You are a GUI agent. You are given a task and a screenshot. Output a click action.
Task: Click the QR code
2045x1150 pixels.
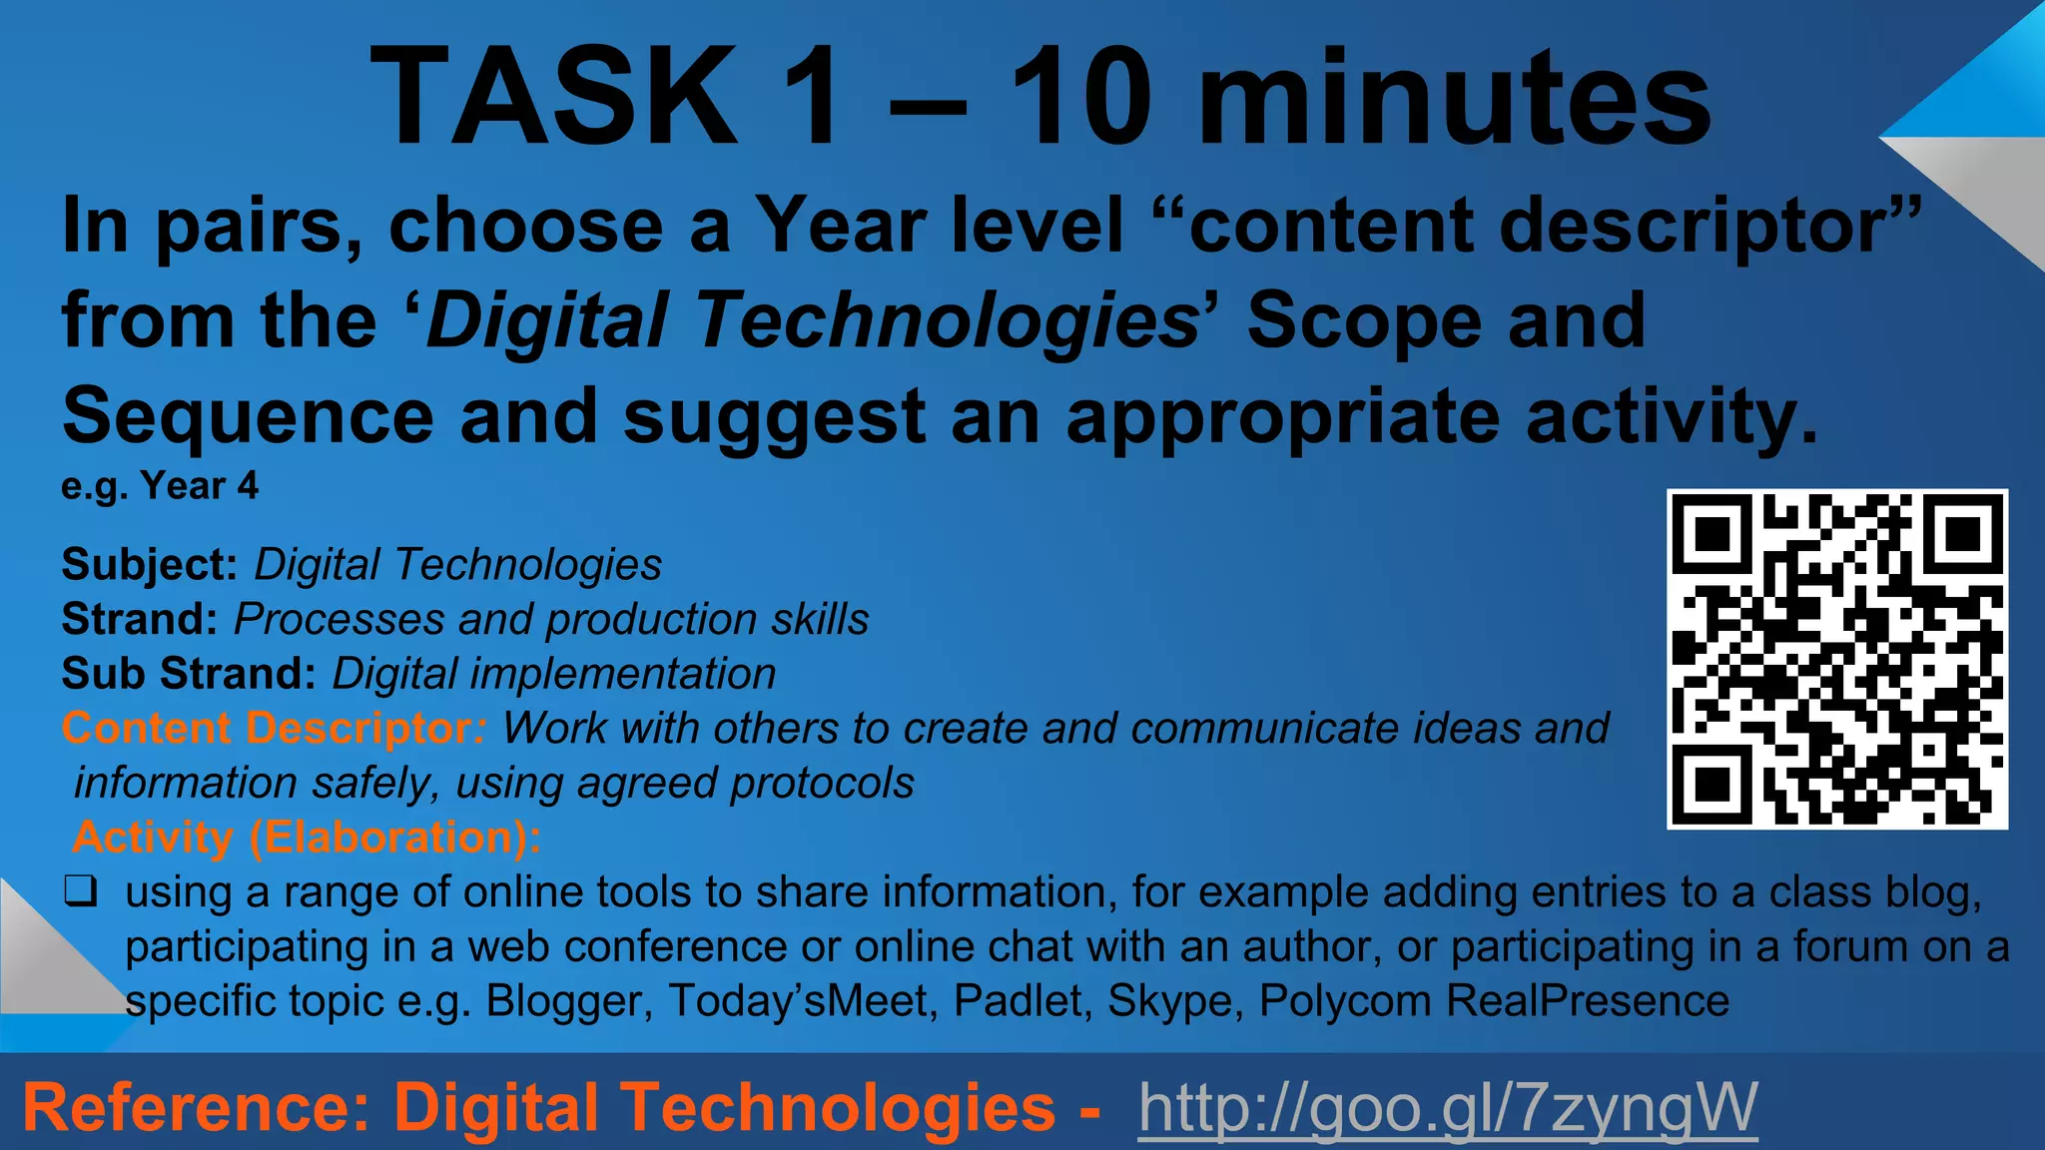(1836, 659)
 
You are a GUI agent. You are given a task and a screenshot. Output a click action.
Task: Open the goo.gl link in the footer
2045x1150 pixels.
(1447, 1107)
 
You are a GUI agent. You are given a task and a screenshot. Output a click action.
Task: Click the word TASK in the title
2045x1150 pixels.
(554, 97)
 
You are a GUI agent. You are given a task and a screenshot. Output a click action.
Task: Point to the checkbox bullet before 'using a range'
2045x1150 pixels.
(81, 890)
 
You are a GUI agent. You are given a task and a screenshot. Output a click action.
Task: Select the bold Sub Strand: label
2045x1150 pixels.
(189, 674)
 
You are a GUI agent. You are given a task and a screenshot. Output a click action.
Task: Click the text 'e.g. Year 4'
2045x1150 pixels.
(160, 486)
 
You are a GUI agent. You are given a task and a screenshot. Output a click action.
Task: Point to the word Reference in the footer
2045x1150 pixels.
(196, 1107)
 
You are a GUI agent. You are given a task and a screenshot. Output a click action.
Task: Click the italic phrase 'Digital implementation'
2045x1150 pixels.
(554, 674)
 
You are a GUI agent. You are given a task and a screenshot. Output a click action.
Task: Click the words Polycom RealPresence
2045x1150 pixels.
(1494, 1000)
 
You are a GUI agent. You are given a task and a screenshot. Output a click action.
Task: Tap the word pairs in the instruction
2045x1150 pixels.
(259, 226)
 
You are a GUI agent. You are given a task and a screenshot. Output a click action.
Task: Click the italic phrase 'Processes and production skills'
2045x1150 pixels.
(551, 619)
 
